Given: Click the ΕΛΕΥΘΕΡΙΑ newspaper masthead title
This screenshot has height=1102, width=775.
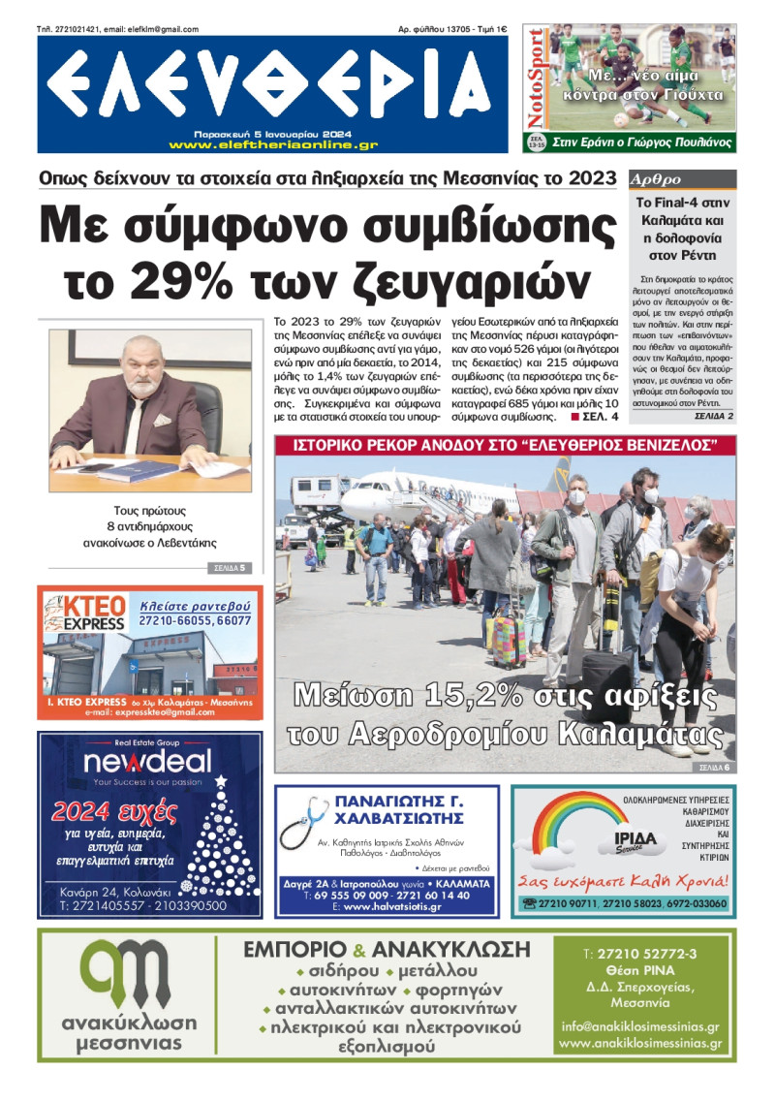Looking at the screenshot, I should [x=268, y=84].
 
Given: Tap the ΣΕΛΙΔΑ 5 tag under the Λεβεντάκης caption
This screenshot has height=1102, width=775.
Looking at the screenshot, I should [x=229, y=568].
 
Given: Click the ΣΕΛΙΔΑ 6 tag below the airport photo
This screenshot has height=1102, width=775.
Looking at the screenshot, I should [x=713, y=768].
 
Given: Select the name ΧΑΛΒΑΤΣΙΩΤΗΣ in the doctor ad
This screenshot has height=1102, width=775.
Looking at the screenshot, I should [x=398, y=818].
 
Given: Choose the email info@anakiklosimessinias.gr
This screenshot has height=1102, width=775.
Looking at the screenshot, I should [x=639, y=1026].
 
